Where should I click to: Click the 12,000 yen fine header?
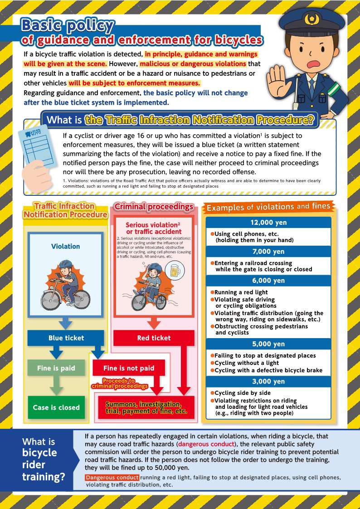pos(268,223)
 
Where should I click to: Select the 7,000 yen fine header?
pos(268,252)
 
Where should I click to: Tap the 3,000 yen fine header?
pos(268,381)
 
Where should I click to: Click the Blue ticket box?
pos(66,338)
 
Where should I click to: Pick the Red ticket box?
pos(154,338)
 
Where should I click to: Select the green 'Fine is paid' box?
pos(56,368)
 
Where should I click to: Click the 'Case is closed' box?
pos(56,407)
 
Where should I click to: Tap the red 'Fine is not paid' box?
pos(129,368)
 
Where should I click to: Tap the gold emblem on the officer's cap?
pos(311,19)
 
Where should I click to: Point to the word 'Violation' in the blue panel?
pos(65,247)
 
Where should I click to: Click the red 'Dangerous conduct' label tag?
pos(112,478)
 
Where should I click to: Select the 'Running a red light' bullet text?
pos(241,292)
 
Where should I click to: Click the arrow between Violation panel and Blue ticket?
pos(66,323)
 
